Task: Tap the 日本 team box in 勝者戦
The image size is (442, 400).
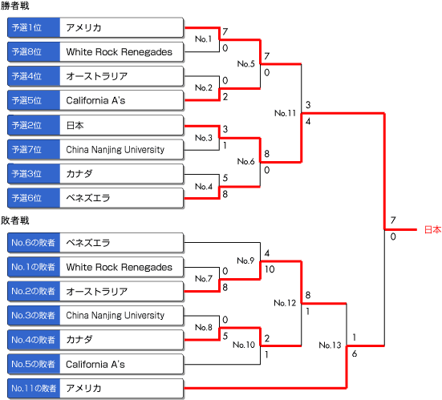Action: (x=121, y=125)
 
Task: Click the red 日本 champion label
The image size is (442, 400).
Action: (x=432, y=229)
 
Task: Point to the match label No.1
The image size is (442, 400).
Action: (x=203, y=38)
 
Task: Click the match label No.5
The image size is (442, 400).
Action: (x=245, y=63)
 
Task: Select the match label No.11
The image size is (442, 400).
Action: (x=285, y=113)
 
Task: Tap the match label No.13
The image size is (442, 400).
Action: (x=330, y=345)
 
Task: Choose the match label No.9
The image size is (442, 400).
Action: (x=245, y=261)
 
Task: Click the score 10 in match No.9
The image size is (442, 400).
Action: (x=270, y=269)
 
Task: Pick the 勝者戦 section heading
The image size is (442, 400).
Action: (x=14, y=6)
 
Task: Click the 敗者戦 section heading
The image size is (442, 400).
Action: (x=14, y=220)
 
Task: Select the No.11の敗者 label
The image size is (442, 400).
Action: (x=34, y=388)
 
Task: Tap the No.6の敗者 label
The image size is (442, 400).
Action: (x=34, y=243)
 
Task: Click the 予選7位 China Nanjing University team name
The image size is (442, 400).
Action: (x=115, y=150)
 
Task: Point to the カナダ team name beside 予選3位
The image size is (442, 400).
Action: (x=79, y=173)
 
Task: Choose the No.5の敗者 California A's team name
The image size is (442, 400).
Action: (x=95, y=364)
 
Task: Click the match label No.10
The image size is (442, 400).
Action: (x=244, y=345)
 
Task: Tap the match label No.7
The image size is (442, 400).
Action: (x=203, y=279)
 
